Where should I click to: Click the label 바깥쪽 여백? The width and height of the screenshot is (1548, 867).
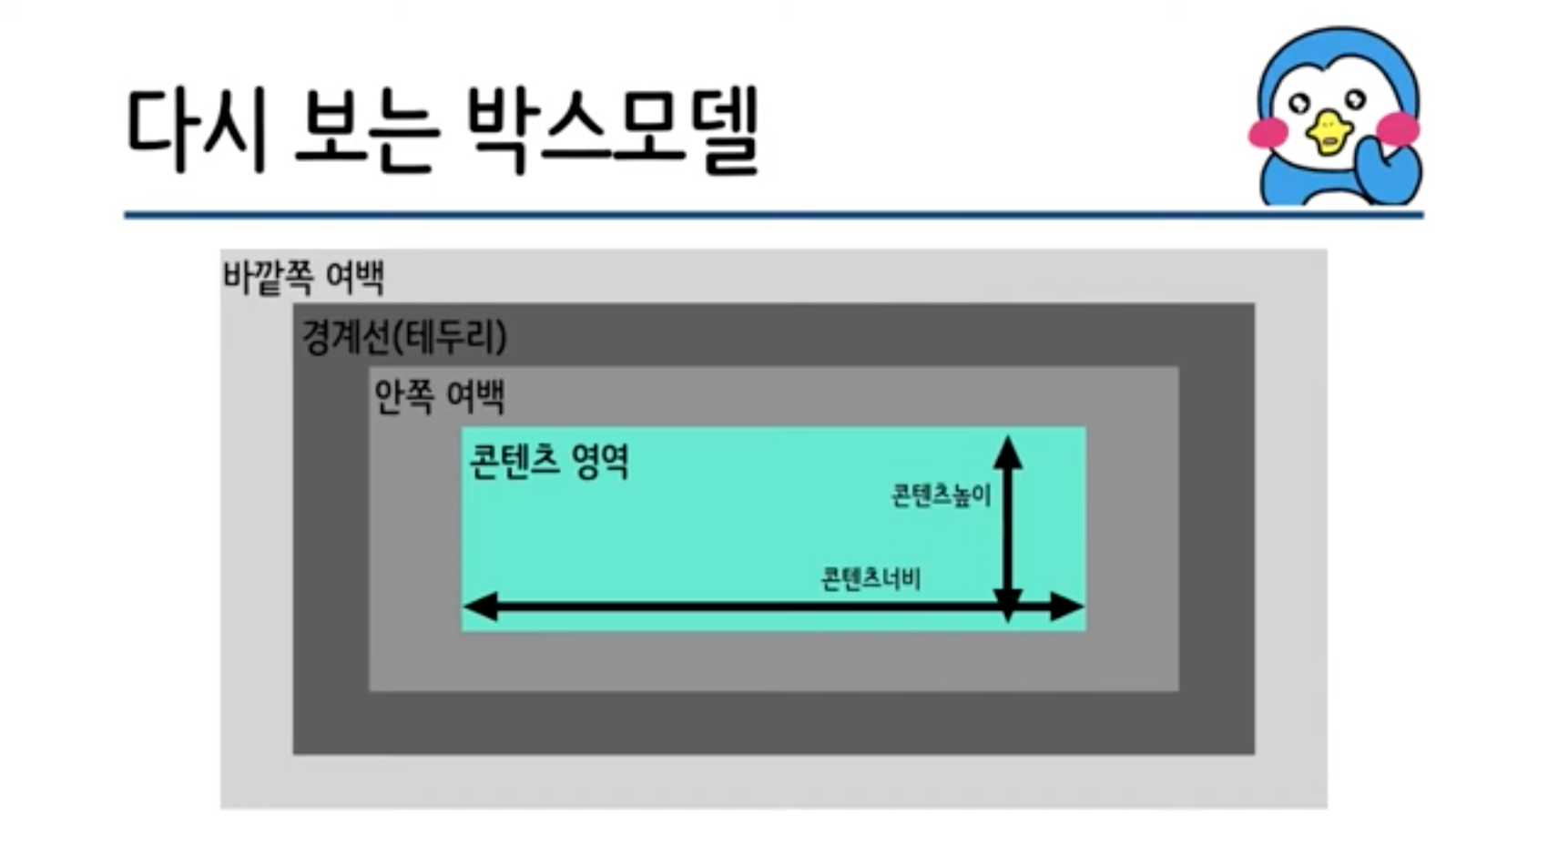pos(303,277)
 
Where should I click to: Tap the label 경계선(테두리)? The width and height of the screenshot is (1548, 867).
pos(403,337)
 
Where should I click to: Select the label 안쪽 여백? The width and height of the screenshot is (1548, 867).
pos(439,397)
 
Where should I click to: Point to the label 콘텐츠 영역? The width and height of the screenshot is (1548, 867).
pos(548,461)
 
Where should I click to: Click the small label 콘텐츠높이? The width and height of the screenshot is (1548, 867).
pos(941,496)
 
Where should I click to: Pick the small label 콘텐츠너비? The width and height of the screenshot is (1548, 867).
pos(871,579)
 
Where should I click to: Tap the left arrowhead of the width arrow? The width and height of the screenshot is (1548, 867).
pos(480,606)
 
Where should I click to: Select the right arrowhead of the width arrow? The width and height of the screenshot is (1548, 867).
pos(1067,606)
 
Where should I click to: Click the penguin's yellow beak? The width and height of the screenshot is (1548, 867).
pos(1328,132)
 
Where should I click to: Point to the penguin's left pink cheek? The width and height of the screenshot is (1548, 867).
pos(1268,133)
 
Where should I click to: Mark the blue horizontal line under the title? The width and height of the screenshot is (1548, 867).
pos(774,215)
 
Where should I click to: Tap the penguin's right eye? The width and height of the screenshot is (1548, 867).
pos(1356,99)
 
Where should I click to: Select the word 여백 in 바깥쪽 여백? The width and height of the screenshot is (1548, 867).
pos(355,277)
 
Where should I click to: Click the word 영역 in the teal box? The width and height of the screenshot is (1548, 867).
pos(601,461)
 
